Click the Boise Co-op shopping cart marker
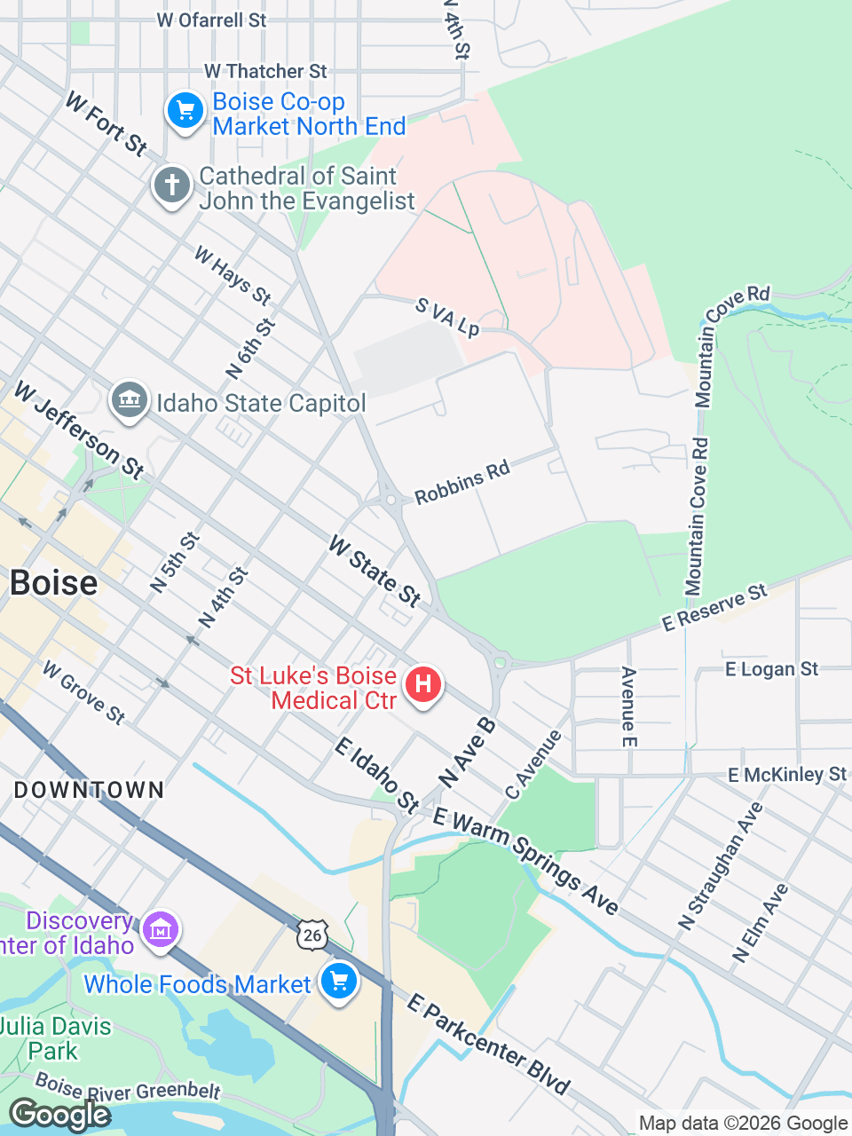185,111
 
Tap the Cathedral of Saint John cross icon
172,186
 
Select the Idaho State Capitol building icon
130,400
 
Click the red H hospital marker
423,685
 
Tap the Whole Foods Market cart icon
338,982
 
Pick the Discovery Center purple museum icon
161,931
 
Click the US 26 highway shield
312,935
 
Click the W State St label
375,571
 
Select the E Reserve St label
714,608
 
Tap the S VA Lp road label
447,318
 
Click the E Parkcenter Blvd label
488,1045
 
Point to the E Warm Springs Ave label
525,861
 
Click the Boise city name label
53,583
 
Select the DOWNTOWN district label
89,790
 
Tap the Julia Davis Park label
55,1039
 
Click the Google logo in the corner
60,1115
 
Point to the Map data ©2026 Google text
743,1124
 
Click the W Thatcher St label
265,71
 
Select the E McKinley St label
787,775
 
